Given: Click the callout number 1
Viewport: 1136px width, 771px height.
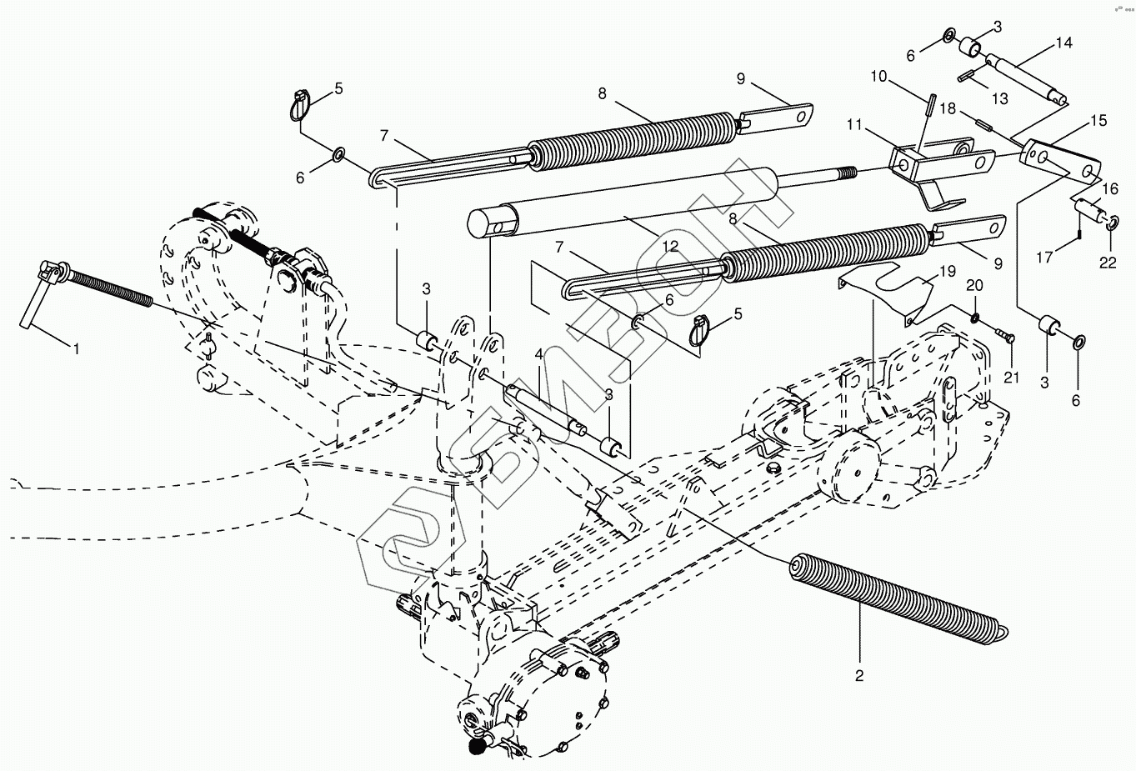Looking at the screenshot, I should point(76,348).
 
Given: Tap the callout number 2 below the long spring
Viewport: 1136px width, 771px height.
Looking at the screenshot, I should point(858,675).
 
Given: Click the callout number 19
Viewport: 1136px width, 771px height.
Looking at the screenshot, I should point(946,272).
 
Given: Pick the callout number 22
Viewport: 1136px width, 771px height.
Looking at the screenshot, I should point(1107,263).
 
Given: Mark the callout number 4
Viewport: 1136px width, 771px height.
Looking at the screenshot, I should point(540,353).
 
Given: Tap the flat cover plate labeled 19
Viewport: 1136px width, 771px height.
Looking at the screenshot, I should point(888,288).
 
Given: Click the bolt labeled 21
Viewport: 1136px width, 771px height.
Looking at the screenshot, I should point(1003,337).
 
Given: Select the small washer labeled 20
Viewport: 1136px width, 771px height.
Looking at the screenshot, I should point(975,317).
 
